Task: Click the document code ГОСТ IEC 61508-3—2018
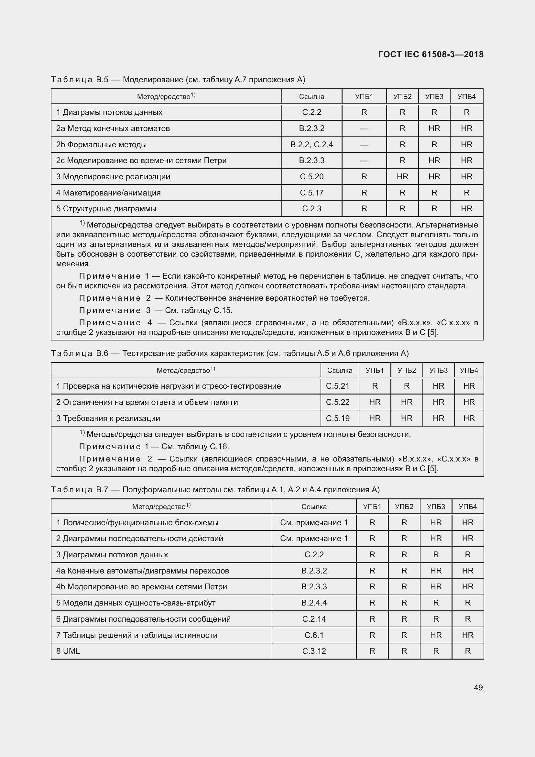pyautogui.click(x=431, y=54)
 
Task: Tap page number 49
pyautogui.click(x=478, y=687)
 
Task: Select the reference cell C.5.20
pyautogui.click(x=311, y=177)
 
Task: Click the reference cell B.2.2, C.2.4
pyautogui.click(x=311, y=144)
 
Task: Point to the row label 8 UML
pyautogui.click(x=68, y=651)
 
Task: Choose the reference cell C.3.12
pyautogui.click(x=314, y=651)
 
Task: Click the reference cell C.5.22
pyautogui.click(x=337, y=402)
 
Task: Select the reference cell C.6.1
pyautogui.click(x=314, y=635)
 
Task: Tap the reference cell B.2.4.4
pyautogui.click(x=314, y=603)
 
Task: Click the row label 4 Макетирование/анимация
pyautogui.click(x=108, y=193)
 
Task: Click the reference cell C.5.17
pyautogui.click(x=311, y=193)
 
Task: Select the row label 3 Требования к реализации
pyautogui.click(x=108, y=418)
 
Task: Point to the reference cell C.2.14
pyautogui.click(x=314, y=619)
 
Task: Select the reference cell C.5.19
pyautogui.click(x=337, y=418)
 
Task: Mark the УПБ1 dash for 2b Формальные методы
pyautogui.click(x=364, y=145)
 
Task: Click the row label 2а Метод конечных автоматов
pyautogui.click(x=113, y=128)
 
